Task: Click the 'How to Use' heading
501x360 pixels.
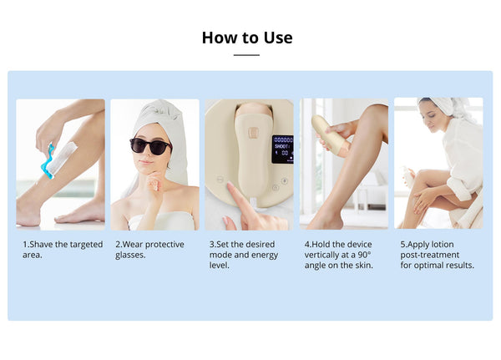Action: [247, 38]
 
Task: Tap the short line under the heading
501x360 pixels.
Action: [246, 55]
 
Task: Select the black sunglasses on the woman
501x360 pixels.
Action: [151, 146]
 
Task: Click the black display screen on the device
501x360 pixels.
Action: [282, 149]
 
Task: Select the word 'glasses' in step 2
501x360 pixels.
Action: [130, 255]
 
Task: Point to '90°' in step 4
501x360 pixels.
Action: [363, 255]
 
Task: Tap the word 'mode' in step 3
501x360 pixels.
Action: [220, 255]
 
